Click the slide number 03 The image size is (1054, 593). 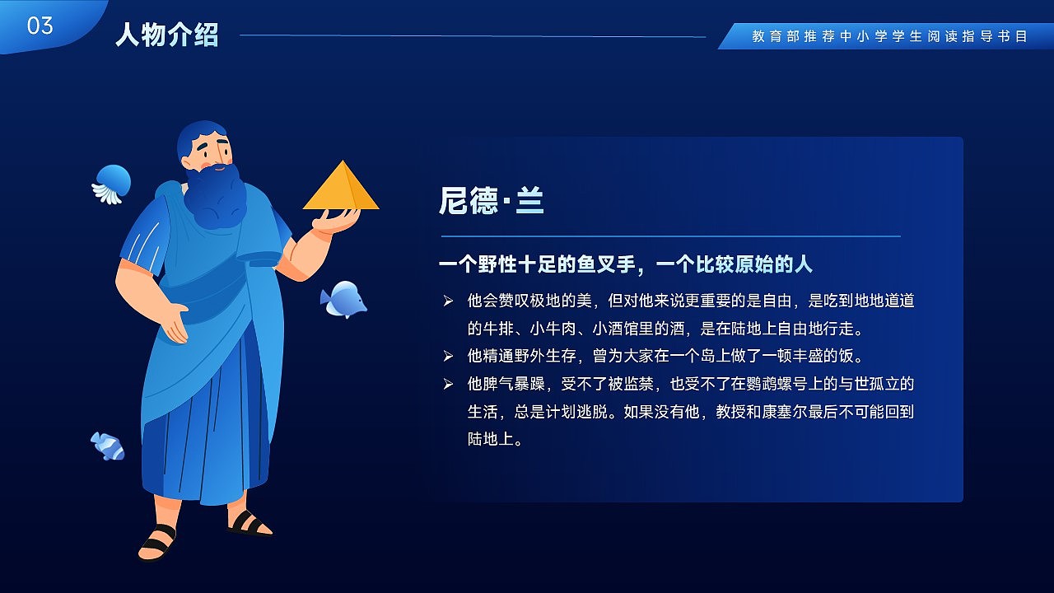tap(40, 26)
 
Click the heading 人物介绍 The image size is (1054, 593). tap(167, 35)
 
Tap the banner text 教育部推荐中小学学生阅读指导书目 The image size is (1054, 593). tap(889, 37)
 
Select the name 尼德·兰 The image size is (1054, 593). tap(492, 201)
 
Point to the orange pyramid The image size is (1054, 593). tap(341, 186)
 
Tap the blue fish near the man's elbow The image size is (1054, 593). tap(343, 299)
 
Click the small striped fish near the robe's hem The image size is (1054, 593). tap(108, 446)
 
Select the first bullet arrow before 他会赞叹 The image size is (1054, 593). tap(448, 301)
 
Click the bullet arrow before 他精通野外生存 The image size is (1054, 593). tap(448, 357)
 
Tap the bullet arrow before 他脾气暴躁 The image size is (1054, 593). tap(448, 385)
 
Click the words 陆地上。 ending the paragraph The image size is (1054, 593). tap(496, 440)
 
